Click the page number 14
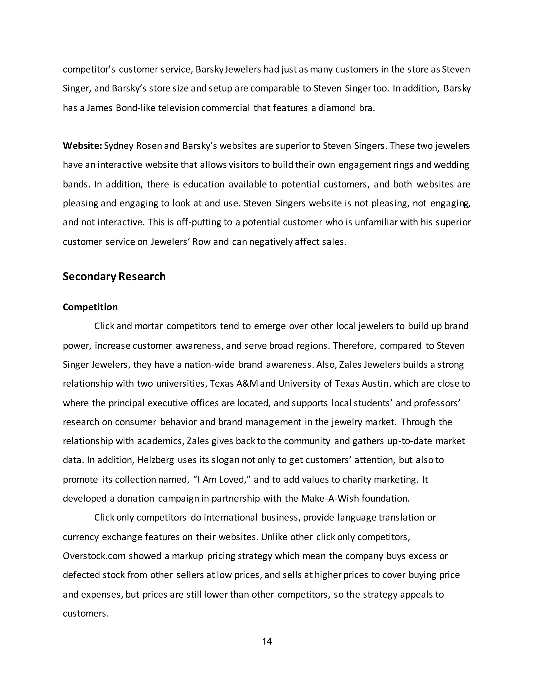click(267, 641)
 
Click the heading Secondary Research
click(114, 276)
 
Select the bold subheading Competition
click(90, 307)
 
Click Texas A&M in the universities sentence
click(234, 383)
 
